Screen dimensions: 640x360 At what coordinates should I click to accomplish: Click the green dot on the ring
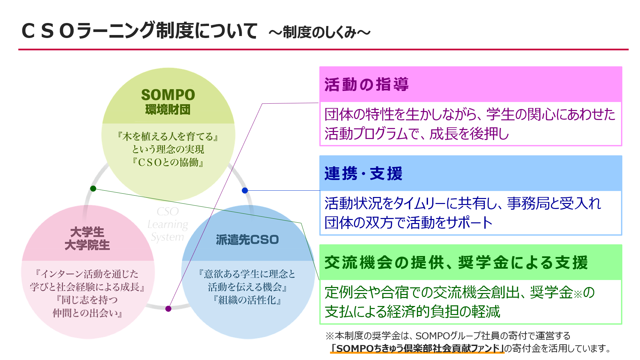pos(93,189)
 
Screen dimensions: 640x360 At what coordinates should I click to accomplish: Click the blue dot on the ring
pos(245,190)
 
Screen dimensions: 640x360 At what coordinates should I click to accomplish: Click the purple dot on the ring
pos(168,309)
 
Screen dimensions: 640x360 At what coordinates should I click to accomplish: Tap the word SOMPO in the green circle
pos(168,95)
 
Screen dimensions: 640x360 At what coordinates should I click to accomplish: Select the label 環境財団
pos(168,110)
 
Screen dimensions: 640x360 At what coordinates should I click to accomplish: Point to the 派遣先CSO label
pos(247,240)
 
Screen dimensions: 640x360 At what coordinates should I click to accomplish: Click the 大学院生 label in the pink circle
pos(87,245)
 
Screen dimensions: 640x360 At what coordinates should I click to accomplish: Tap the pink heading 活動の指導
pos(366,84)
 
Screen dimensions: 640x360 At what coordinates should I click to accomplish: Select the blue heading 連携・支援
pos(363,174)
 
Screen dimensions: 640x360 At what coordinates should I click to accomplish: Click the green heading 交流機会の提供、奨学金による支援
pos(456,262)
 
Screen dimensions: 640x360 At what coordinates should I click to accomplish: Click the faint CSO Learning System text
pos(168,224)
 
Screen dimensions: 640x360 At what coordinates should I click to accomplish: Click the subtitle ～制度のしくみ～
pos(320,32)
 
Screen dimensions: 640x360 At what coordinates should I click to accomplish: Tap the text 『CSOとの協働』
pos(168,162)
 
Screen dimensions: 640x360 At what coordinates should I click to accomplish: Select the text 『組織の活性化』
pos(247,300)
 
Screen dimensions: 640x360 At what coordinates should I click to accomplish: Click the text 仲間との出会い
pos(85,313)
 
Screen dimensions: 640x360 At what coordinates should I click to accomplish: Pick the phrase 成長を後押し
pos(469,134)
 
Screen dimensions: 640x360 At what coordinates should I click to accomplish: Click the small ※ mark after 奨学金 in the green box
pos(578,294)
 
